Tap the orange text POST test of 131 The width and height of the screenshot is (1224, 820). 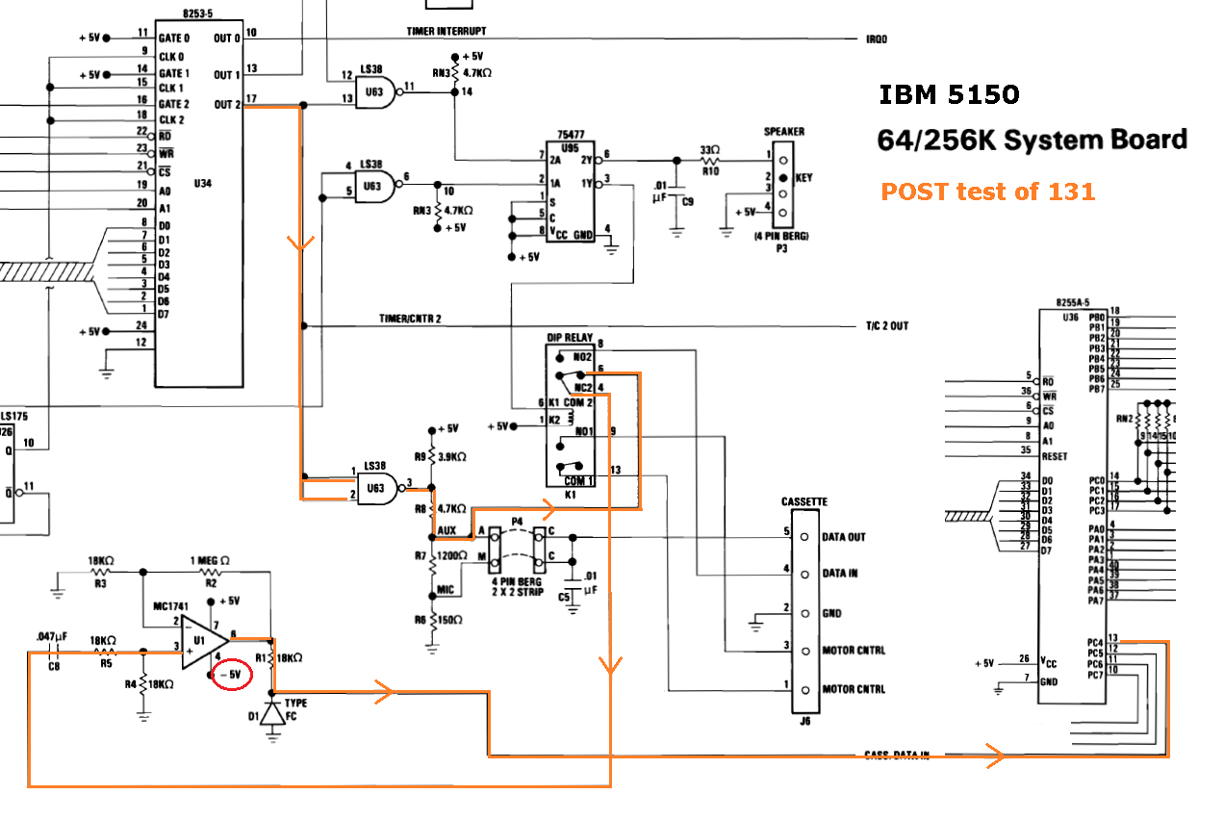987,192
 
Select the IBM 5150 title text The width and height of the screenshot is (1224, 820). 948,94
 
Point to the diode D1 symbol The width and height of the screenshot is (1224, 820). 273,713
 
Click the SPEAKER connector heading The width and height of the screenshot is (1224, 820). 783,132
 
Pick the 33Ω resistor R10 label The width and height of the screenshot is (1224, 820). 710,151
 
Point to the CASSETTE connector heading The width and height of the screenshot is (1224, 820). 803,502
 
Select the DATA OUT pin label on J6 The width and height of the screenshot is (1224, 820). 842,537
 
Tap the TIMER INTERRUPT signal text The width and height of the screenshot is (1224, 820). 446,32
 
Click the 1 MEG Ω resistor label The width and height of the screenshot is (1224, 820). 210,561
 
